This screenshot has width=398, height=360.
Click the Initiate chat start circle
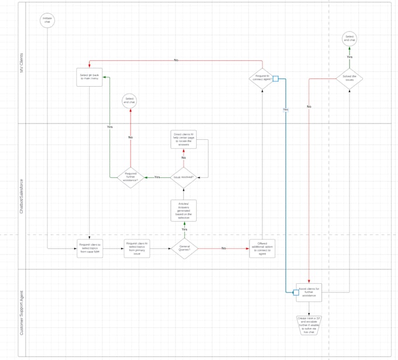pos(47,21)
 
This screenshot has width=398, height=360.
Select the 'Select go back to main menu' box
pos(90,78)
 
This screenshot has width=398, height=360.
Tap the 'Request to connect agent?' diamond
pos(262,78)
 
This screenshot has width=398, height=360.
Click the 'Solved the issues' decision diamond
pos(349,78)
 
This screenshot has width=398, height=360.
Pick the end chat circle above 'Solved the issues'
pos(349,39)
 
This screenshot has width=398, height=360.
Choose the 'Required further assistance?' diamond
pos(130,177)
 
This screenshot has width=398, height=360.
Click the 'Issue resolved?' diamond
pos(183,177)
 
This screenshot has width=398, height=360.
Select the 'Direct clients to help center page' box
pos(183,139)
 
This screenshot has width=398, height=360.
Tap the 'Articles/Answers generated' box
pos(183,211)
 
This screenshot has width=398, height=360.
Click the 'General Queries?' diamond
pos(184,248)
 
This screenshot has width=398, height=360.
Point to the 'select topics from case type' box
pos(90,248)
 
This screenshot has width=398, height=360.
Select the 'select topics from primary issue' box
pos(136,248)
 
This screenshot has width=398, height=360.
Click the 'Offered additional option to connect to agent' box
pos(262,248)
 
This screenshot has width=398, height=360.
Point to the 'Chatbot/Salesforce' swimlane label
pos(22,196)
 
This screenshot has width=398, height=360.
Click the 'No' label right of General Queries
pos(223,249)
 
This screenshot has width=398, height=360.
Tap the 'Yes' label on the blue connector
pos(286,109)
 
